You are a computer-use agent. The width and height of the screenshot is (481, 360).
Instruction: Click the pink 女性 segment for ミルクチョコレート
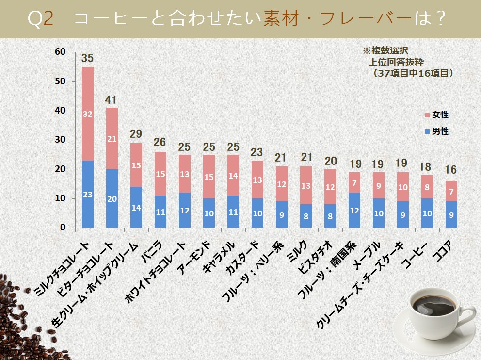click(x=88, y=114)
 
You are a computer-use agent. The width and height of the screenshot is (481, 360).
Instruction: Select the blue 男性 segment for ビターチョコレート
click(x=112, y=198)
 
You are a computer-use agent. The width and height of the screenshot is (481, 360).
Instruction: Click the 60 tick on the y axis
click(x=60, y=52)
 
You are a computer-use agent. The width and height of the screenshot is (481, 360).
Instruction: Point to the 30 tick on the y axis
click(x=60, y=140)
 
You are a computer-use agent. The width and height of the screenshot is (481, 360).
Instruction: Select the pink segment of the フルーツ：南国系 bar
click(x=354, y=182)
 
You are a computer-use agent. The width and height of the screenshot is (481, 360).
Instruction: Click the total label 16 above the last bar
click(x=451, y=170)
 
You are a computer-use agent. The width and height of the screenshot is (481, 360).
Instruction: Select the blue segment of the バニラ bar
click(x=160, y=212)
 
